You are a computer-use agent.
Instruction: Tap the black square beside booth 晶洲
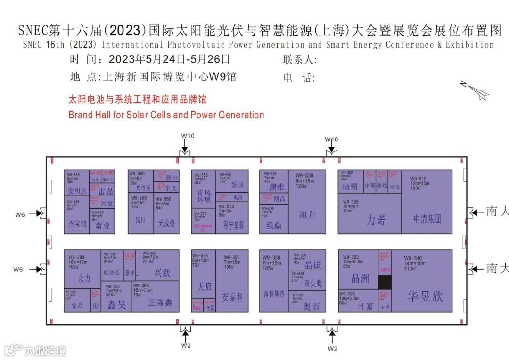coord(385,282)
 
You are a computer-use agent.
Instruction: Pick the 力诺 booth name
coord(376,220)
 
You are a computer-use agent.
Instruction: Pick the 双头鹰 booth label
coord(312,284)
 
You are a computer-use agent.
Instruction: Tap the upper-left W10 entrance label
coord(188,136)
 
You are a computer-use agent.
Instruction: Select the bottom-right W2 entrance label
coord(333,348)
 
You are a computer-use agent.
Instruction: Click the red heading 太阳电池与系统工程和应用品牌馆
coord(137,100)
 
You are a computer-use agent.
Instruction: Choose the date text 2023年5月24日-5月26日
coord(169,60)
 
